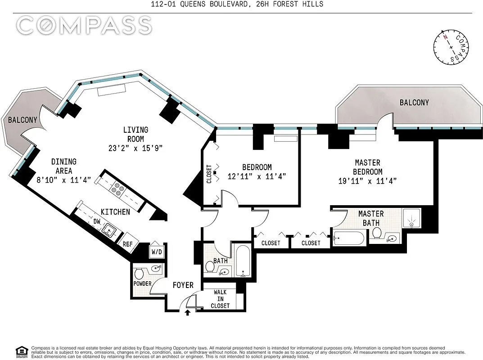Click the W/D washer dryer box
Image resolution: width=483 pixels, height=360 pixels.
157,251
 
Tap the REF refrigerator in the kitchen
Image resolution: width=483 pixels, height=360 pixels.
127,243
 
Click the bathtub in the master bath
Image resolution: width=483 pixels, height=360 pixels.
349,238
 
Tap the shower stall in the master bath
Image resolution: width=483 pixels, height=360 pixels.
412,218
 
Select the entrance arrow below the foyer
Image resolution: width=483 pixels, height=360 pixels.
187,313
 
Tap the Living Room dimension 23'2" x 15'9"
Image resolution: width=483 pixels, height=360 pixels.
135,148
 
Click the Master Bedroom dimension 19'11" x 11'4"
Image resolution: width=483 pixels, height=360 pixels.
367,181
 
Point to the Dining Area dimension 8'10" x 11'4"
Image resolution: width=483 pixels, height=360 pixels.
63,180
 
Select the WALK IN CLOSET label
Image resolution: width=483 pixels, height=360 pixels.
220,299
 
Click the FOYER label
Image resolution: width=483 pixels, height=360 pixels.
183,285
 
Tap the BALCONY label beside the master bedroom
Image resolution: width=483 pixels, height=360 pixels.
414,103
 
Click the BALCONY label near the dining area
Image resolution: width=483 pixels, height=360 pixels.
23,120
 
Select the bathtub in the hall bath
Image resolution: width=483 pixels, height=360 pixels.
243,261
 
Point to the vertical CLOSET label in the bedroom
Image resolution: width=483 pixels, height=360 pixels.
209,174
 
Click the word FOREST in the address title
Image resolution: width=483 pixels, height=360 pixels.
277,4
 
